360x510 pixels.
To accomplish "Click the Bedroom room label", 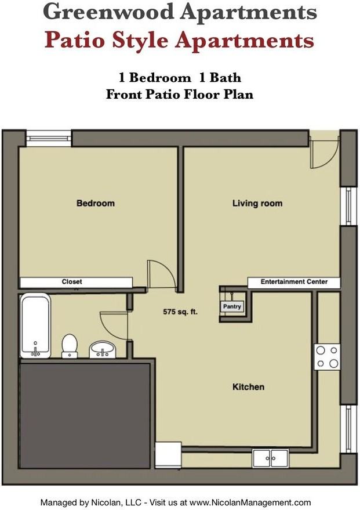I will point(96,203).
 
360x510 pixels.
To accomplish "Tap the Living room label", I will point(257,203).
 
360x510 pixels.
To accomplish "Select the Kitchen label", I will point(248,387).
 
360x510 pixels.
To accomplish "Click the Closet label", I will point(72,282).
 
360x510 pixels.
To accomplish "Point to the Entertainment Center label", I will point(294,282).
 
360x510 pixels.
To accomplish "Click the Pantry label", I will point(232,307).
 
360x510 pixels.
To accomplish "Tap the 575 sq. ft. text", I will point(180,312).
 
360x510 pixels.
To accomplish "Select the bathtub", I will point(35,326).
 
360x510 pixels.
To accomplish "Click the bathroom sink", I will point(103,349).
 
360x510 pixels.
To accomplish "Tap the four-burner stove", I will point(327,357).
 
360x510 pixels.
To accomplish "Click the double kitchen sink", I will point(271,458).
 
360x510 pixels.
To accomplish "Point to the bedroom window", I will point(48,138).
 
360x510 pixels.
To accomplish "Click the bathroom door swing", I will point(113,327).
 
